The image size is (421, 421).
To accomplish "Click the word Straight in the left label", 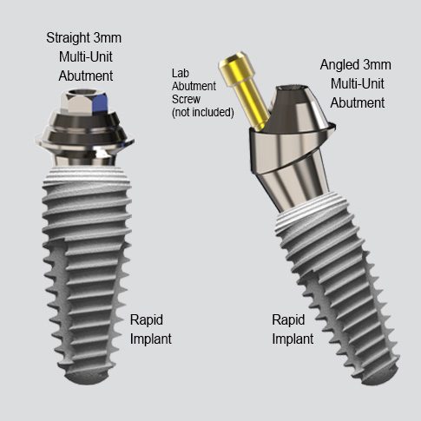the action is click(69, 38).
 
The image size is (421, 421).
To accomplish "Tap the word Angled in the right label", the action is click(339, 65).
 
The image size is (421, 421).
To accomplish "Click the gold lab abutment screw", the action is click(245, 89).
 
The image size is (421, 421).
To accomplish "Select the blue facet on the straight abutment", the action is click(100, 102).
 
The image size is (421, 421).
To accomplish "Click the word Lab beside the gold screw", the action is click(181, 73).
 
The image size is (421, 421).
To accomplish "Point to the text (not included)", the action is click(203, 112).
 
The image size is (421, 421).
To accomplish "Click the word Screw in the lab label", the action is click(186, 99).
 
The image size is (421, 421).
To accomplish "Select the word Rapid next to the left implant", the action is click(147, 319).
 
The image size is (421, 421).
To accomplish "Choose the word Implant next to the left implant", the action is click(151, 339).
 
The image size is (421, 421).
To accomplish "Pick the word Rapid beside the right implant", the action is click(288, 319).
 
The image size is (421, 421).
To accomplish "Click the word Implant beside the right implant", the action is click(293, 339).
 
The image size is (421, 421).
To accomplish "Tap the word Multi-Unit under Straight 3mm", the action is click(86, 56).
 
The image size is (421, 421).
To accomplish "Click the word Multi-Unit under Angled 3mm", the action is click(358, 84).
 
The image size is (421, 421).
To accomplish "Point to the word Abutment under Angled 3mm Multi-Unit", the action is click(358, 103).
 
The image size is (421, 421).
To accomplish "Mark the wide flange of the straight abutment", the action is click(84, 141).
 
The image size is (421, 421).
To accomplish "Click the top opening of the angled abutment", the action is click(293, 88).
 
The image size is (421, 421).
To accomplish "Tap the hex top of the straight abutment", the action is click(84, 101).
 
